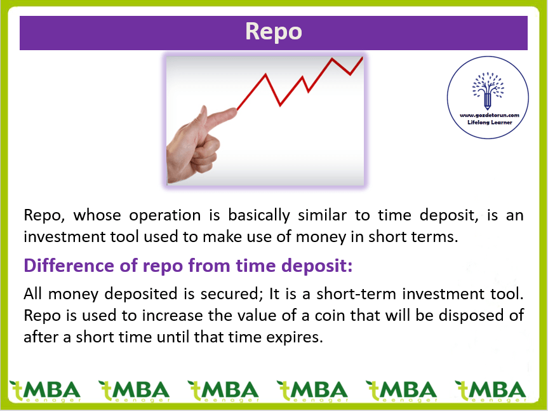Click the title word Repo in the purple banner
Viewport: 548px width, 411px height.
(274, 32)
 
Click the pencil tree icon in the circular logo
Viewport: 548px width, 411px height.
(488, 91)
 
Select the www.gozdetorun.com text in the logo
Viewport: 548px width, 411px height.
(490, 115)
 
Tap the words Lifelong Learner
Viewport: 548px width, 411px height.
(490, 123)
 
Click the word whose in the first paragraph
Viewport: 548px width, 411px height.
(97, 215)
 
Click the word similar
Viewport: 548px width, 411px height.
(322, 215)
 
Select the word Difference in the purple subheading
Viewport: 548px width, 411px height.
(69, 266)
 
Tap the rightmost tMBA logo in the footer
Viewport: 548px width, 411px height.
(490, 391)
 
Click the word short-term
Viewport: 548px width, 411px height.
(356, 294)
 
